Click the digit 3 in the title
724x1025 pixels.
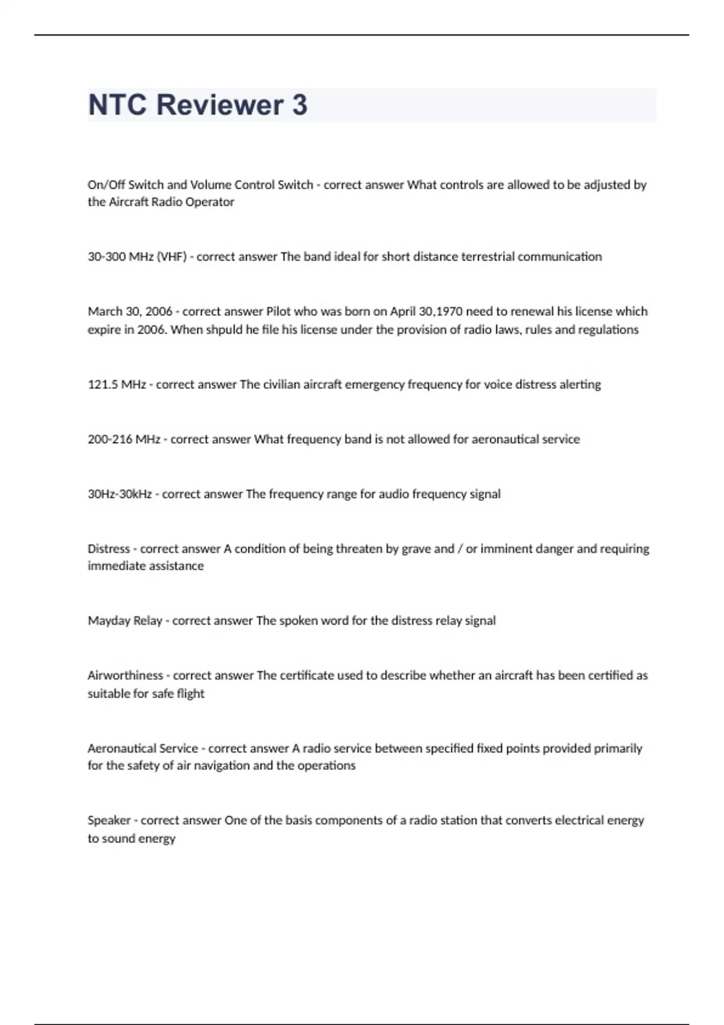[x=299, y=105]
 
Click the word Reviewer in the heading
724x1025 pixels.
[x=220, y=105]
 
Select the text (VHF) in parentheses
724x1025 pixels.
[x=171, y=257]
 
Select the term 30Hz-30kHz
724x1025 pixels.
[x=119, y=494]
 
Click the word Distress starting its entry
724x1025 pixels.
[x=109, y=549]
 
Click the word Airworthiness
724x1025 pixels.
[x=125, y=676]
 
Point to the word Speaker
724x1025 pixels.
[x=109, y=821]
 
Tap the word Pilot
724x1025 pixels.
[x=278, y=312]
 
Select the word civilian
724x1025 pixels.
[x=282, y=385]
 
